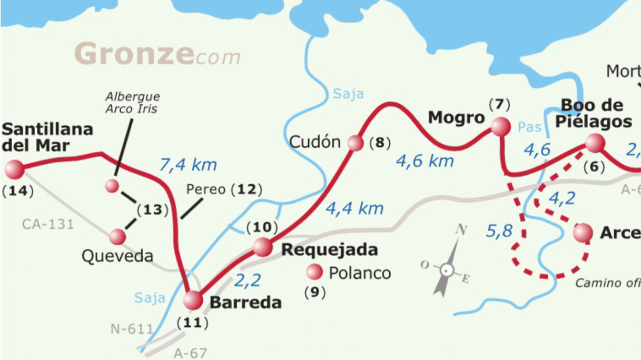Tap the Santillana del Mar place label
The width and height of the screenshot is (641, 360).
(47, 137)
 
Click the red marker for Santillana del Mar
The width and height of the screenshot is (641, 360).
(14, 169)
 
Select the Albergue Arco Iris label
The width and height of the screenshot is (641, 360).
(133, 103)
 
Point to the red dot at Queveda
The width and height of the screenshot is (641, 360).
(117, 236)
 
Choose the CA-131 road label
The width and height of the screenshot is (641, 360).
(48, 223)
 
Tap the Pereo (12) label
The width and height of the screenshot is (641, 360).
(224, 189)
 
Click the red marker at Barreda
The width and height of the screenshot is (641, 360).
(193, 300)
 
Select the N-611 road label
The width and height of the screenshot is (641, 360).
(132, 329)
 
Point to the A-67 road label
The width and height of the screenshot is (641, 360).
(190, 352)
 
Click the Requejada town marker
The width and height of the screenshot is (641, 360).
(262, 247)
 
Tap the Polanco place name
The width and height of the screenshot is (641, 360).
(360, 273)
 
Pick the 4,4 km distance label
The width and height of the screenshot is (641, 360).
(355, 208)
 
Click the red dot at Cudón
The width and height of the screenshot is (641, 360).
(355, 143)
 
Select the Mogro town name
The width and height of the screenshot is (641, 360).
(456, 118)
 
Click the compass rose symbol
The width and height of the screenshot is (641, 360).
(447, 269)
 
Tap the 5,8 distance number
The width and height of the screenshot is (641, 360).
(499, 231)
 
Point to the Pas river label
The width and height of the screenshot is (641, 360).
(529, 127)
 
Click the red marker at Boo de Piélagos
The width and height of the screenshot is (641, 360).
(595, 143)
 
